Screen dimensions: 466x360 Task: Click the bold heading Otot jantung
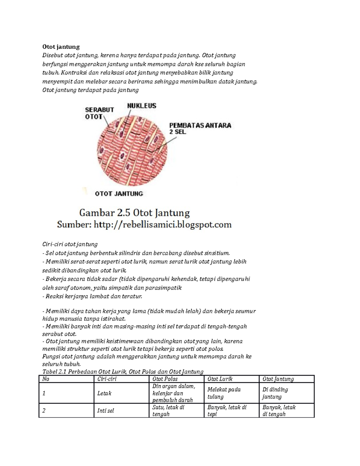point(61,47)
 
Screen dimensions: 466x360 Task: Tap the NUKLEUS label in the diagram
point(142,106)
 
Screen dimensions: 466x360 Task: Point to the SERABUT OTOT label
point(99,113)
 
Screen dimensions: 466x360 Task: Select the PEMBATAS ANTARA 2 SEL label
point(200,128)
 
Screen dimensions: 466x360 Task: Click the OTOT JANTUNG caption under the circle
point(119,194)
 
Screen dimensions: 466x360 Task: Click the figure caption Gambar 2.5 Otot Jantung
point(134,213)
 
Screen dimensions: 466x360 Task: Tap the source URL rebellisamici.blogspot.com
point(163,224)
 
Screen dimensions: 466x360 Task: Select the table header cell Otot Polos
point(165,379)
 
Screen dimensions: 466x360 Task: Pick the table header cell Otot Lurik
point(220,379)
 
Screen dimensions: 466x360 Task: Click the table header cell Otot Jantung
point(278,379)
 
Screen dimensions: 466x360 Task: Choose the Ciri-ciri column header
point(107,379)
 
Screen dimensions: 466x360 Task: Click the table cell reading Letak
point(104,393)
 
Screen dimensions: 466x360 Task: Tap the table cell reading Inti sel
point(106,410)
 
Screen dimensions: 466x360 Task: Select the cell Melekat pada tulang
point(224,393)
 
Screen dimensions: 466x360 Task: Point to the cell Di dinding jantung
point(275,393)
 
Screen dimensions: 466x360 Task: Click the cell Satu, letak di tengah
point(168,410)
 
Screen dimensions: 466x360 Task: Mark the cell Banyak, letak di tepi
point(226,410)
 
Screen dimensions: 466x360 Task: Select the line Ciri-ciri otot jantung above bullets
point(70,244)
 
